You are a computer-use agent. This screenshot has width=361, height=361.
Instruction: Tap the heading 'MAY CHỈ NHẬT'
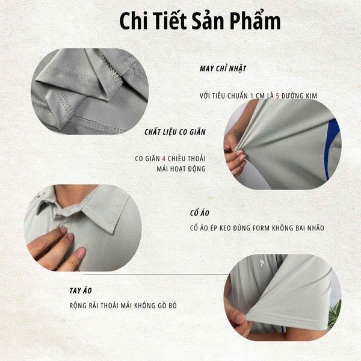point(223,68)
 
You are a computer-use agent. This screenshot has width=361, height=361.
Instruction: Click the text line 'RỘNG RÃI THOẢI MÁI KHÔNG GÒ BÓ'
point(123,306)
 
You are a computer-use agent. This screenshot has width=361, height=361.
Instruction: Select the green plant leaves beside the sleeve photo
point(335,313)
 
